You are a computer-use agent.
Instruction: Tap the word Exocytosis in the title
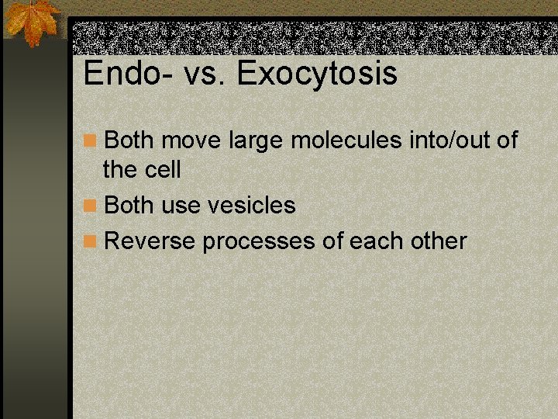point(317,74)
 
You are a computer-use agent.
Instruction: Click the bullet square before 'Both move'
point(91,141)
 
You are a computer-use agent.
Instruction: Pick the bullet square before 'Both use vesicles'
point(91,206)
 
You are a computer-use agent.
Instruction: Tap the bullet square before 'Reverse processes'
point(91,241)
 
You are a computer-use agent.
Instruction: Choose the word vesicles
point(252,206)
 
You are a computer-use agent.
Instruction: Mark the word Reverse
point(150,241)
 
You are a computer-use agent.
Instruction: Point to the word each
point(376,241)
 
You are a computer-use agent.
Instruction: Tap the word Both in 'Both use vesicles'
point(129,206)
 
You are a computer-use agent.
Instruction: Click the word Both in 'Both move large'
point(129,141)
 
